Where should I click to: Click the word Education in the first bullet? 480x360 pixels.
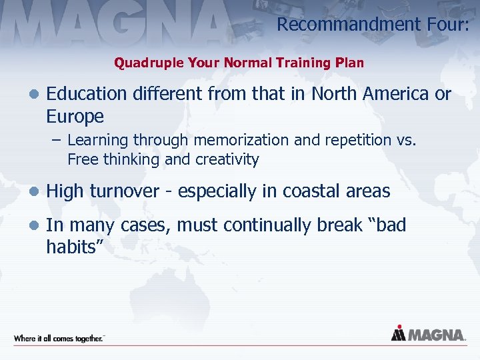coord(86,94)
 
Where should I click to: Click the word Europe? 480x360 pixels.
coord(75,117)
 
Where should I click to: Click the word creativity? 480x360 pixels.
coord(227,160)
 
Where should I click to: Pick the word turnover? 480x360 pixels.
coord(123,191)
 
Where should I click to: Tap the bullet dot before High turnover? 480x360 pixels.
coord(33,192)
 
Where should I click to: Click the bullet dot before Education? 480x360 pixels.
coord(33,95)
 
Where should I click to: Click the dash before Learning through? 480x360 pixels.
coord(58,141)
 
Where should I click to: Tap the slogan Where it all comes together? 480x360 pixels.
coord(59,339)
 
